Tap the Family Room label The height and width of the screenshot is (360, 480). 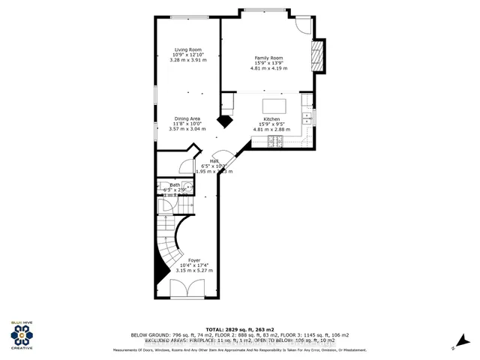268,58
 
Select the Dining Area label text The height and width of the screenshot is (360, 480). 187,118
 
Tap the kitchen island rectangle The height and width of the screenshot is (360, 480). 274,104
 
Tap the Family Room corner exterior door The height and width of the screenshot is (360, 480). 303,23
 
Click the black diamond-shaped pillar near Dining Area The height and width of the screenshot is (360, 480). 224,120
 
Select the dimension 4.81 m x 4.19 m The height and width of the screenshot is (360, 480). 269,68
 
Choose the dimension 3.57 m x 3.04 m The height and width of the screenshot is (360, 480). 187,128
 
